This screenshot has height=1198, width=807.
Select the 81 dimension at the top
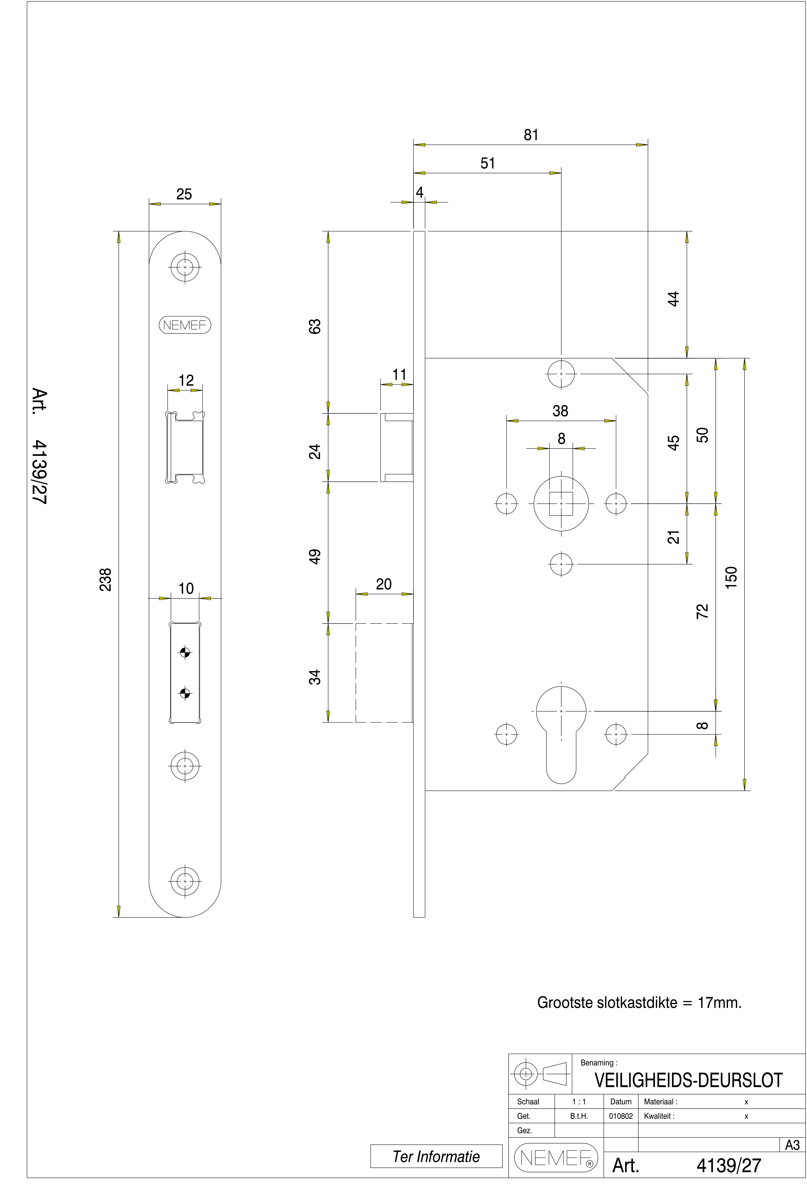tap(531, 135)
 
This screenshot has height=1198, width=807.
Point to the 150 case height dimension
tap(731, 577)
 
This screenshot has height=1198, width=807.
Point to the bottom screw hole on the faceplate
tap(185, 881)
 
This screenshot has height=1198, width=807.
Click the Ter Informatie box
tap(436, 1156)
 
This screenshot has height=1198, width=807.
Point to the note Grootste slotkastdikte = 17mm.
tap(639, 1002)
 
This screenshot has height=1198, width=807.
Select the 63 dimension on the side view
tap(314, 326)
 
